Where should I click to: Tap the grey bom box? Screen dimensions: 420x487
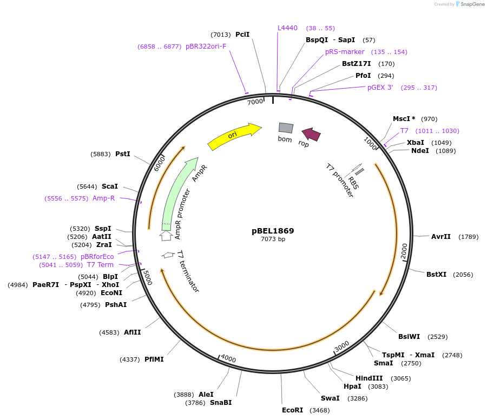(x=286, y=128)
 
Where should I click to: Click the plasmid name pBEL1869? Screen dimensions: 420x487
(x=273, y=230)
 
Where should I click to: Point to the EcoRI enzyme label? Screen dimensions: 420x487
(x=293, y=410)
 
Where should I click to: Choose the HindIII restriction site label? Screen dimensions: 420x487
(x=369, y=378)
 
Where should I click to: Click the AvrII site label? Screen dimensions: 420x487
(x=441, y=236)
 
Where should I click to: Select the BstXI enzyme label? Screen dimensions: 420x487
(x=436, y=274)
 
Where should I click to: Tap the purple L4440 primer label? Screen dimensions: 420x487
(x=287, y=28)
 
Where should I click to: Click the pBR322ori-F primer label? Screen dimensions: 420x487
(x=206, y=46)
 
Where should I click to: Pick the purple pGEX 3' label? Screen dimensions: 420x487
(x=380, y=87)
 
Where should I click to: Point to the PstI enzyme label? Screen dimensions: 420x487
(x=123, y=154)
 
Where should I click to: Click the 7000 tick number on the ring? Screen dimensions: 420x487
(x=255, y=102)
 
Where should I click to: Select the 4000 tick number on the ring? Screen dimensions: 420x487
(x=228, y=359)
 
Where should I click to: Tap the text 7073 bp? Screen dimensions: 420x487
(x=273, y=239)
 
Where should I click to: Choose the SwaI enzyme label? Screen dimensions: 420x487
(x=330, y=398)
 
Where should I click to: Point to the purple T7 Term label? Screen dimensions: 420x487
(x=101, y=265)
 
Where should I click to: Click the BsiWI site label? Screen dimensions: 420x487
(x=409, y=336)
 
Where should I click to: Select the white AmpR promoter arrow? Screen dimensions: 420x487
(x=166, y=236)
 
